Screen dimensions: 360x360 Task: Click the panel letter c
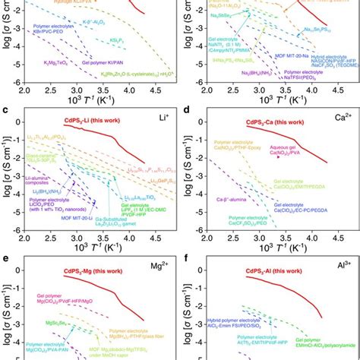[6, 112]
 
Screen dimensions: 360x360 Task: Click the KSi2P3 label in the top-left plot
[115, 36]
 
